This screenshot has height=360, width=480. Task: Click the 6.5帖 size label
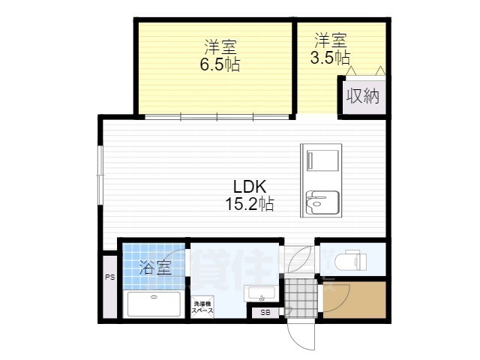tap(219, 65)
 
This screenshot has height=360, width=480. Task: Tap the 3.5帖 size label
tap(331, 57)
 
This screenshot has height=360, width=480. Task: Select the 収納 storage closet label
tap(362, 96)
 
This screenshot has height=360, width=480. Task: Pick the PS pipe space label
tap(109, 277)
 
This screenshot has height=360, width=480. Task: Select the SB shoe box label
tap(265, 313)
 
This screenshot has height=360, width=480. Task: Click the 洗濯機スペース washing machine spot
tap(202, 306)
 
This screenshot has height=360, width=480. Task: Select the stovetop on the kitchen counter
tap(322, 160)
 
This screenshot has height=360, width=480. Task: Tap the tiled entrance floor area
tap(301, 297)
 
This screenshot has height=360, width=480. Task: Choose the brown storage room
tap(355, 298)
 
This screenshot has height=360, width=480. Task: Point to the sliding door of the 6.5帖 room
tap(217, 116)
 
